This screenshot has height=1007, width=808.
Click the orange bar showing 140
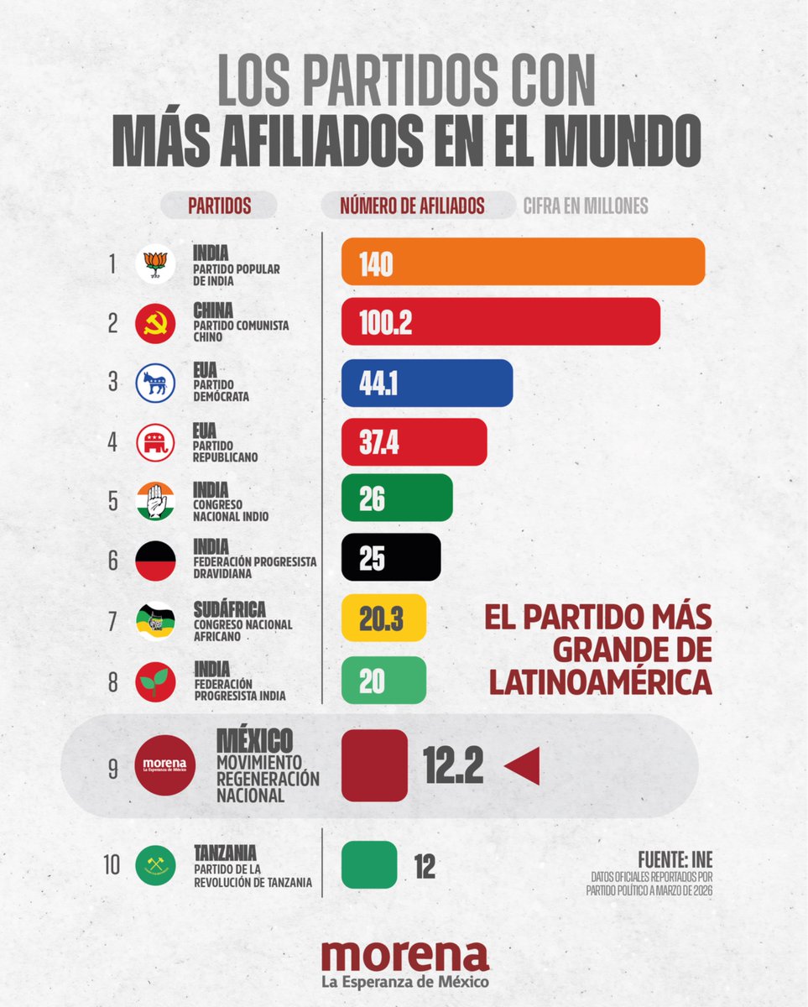(523, 261)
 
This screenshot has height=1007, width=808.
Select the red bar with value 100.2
(500, 321)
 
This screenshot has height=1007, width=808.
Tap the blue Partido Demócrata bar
(426, 383)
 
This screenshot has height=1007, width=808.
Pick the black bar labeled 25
(391, 557)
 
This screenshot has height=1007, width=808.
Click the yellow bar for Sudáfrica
(383, 618)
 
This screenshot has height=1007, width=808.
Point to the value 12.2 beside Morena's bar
(453, 765)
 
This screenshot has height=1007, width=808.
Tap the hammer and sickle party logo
(155, 323)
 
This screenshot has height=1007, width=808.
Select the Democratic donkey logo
(155, 383)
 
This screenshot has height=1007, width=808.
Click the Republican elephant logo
(155, 442)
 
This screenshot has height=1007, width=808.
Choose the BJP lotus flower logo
(155, 263)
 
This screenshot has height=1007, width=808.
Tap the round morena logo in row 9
(165, 765)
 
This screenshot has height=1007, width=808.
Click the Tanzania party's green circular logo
(155, 864)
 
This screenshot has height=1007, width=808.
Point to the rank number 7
(112, 622)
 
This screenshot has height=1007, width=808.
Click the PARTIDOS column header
(219, 206)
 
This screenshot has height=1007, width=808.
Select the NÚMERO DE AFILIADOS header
(412, 206)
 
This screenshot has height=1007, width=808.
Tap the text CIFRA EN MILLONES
(585, 206)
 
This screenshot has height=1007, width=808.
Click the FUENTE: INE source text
(675, 861)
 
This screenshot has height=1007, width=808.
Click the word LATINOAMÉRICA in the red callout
(599, 681)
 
